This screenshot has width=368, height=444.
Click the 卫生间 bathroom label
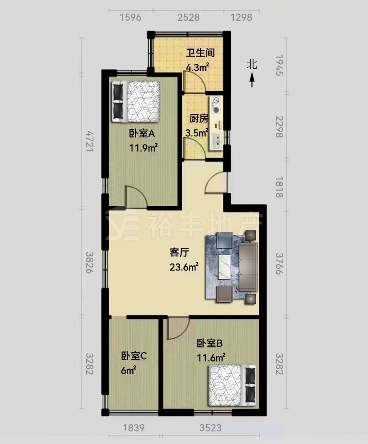[x=200, y=53]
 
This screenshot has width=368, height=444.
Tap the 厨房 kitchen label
[x=199, y=119]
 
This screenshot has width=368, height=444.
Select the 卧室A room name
[x=142, y=134]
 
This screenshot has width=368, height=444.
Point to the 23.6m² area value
[x=184, y=267]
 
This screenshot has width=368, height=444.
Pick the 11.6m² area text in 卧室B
[x=211, y=358]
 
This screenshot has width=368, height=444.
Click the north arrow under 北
[x=252, y=80]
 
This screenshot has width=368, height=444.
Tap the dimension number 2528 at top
[x=188, y=17]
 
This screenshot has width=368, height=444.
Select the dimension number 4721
[x=89, y=141]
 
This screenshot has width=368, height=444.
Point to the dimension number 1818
[x=279, y=187]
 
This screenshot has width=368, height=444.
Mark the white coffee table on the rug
[x=225, y=266]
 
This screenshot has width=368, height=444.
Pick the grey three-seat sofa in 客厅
[x=249, y=267]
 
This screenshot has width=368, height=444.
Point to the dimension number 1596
[x=130, y=17]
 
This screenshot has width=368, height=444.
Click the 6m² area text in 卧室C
[x=128, y=371]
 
